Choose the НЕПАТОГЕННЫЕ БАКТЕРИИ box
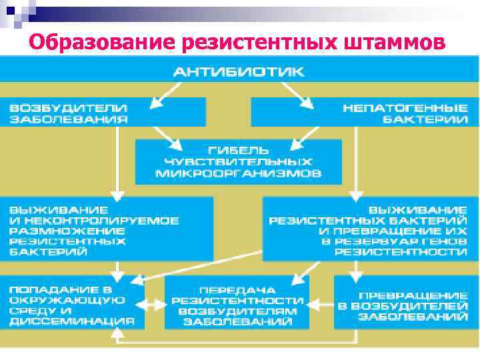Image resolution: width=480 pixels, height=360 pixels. point(363,112)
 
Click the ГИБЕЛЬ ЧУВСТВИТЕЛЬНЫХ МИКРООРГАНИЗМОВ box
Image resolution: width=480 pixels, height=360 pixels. point(238,161)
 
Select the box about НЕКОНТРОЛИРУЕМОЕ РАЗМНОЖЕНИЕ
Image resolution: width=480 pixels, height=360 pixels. point(107,228)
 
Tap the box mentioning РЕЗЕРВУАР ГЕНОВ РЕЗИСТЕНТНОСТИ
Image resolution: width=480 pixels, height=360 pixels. point(370,228)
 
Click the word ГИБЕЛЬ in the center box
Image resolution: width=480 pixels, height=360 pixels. point(238,149)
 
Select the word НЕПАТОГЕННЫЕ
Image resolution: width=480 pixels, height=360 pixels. point(405,107)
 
